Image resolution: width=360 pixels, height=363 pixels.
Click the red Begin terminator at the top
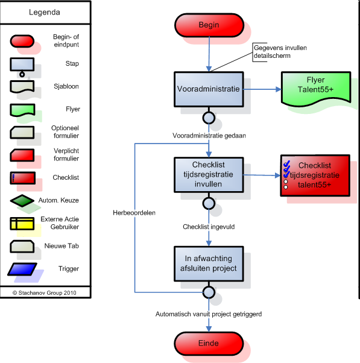coord(209,25)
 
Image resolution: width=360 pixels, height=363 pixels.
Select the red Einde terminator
coord(209,343)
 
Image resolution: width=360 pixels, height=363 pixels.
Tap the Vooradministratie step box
coord(209,89)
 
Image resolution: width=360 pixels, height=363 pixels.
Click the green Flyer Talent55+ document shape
coord(316,89)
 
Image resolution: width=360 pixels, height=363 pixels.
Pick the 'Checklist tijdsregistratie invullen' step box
coord(209,175)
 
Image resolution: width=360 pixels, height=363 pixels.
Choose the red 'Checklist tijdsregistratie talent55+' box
coord(315,175)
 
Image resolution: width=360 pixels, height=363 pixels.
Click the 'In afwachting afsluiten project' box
coord(209,264)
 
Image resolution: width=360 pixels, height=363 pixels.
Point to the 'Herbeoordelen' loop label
coord(134,213)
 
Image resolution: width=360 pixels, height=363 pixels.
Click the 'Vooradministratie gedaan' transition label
coord(209,136)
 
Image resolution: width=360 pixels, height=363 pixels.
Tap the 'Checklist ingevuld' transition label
coord(209,227)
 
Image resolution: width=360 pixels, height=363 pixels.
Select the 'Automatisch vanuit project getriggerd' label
coord(209,314)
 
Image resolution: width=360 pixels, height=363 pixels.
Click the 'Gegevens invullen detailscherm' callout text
coord(280,52)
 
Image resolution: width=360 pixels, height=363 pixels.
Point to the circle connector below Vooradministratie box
coord(209,118)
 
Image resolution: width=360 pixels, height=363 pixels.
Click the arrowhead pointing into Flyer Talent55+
coord(279,89)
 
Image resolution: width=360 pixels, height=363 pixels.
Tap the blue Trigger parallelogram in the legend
coord(22,269)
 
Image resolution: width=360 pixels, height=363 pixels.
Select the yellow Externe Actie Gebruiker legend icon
coord(22,223)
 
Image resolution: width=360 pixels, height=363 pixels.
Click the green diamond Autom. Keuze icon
coord(22,200)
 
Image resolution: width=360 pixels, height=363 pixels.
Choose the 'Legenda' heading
coord(45,12)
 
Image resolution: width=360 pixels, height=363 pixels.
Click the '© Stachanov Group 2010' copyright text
coord(45,293)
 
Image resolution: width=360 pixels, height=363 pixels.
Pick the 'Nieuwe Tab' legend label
coord(62,246)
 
